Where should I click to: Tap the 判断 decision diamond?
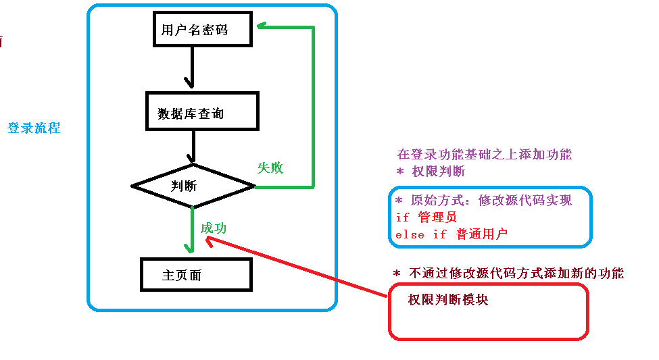click(x=193, y=185)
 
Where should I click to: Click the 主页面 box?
click(x=195, y=275)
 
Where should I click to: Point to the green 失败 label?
click(x=270, y=168)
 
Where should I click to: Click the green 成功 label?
click(x=214, y=228)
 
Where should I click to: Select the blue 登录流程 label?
click(x=34, y=128)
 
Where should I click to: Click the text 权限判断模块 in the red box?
click(x=447, y=300)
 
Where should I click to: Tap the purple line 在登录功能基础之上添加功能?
click(x=489, y=155)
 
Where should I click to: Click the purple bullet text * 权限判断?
click(x=431, y=171)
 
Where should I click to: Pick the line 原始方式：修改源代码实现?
click(x=483, y=201)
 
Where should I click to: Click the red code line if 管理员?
click(x=426, y=217)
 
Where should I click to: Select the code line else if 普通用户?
click(x=451, y=234)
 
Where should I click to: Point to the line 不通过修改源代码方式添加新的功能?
click(x=508, y=274)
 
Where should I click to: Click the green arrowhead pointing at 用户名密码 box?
click(x=260, y=26)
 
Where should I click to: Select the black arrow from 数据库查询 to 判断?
click(x=193, y=147)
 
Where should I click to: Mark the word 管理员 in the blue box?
click(x=437, y=217)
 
